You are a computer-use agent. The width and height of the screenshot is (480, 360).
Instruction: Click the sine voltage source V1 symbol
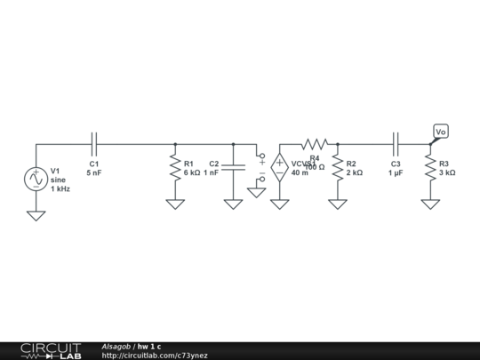[x=36, y=179]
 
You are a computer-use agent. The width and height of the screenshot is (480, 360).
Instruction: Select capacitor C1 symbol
[x=94, y=144]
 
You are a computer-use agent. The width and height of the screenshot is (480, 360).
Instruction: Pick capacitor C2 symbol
[x=233, y=167]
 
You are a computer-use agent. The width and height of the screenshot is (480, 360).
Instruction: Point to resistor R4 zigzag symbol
[x=315, y=144]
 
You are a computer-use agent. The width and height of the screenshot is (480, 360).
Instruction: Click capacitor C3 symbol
[x=396, y=144]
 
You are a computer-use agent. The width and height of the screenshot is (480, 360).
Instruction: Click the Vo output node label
[x=441, y=132]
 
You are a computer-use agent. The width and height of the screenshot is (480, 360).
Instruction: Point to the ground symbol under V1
[x=36, y=214]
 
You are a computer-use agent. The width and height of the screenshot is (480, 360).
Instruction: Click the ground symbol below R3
[x=430, y=204]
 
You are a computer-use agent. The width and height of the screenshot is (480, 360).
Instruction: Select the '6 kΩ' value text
[x=192, y=173]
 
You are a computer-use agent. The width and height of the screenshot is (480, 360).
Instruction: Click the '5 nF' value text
[x=94, y=173]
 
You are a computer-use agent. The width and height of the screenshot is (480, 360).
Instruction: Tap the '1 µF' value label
[x=396, y=173]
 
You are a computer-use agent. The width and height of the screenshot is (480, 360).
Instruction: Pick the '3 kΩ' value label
[x=447, y=173]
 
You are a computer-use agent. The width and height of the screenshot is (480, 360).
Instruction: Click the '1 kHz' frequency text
[x=60, y=189]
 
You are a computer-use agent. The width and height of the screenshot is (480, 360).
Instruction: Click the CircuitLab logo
[x=50, y=350]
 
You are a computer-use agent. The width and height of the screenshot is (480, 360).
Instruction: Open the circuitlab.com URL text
[x=155, y=356]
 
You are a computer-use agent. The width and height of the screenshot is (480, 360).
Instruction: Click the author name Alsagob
[x=116, y=346]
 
